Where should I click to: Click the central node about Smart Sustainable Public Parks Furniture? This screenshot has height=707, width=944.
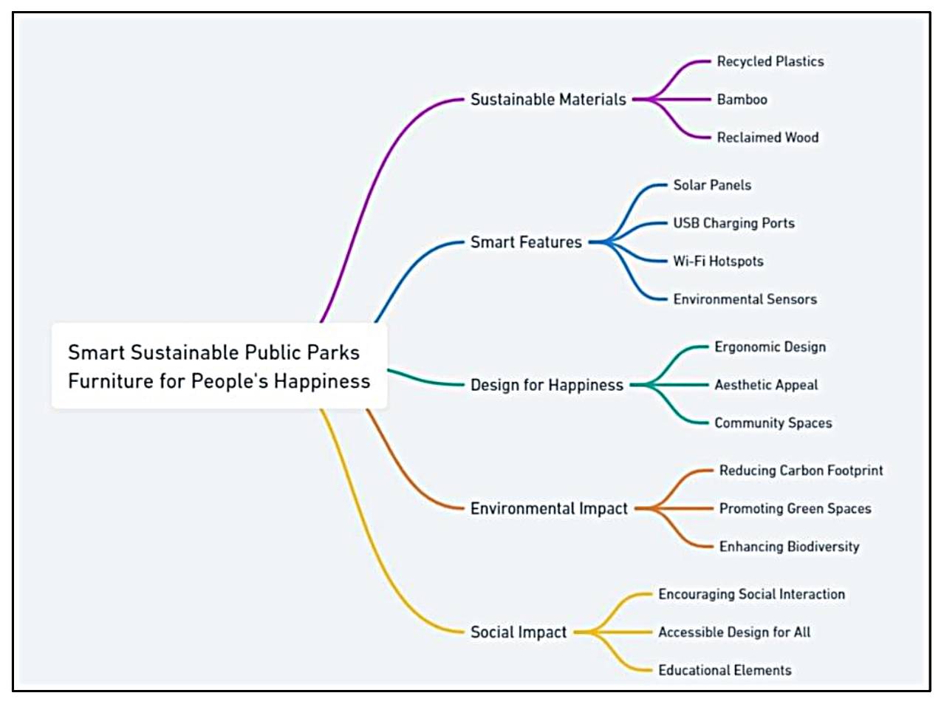pyautogui.click(x=219, y=366)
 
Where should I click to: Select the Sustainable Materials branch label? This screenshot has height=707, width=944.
pyautogui.click(x=548, y=99)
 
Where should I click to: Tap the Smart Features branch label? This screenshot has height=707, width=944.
pyautogui.click(x=526, y=242)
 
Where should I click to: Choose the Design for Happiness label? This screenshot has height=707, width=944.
pyautogui.click(x=547, y=385)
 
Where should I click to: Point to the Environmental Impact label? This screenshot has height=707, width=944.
pyautogui.click(x=549, y=508)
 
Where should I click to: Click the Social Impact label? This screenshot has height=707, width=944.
pyautogui.click(x=519, y=632)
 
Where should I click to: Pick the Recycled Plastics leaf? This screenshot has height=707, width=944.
pyautogui.click(x=770, y=61)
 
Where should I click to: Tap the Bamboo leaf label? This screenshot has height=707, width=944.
pyautogui.click(x=742, y=99)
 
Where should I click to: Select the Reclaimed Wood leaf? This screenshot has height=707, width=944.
pyautogui.click(x=767, y=137)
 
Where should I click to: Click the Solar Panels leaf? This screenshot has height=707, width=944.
pyautogui.click(x=712, y=185)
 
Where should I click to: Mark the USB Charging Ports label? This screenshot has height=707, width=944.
pyautogui.click(x=733, y=223)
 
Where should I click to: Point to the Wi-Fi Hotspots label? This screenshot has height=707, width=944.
pyautogui.click(x=718, y=261)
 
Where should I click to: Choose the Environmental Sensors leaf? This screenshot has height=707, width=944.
pyautogui.click(x=745, y=299)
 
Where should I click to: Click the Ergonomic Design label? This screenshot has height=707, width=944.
pyautogui.click(x=770, y=346)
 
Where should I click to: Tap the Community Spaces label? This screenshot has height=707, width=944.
pyautogui.click(x=773, y=423)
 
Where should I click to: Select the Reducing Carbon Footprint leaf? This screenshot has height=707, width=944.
pyautogui.click(x=801, y=471)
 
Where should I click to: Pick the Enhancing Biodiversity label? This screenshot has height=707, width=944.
pyautogui.click(x=789, y=547)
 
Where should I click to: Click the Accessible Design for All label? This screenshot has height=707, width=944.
pyautogui.click(x=734, y=632)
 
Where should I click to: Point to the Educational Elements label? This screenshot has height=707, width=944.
pyautogui.click(x=725, y=670)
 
